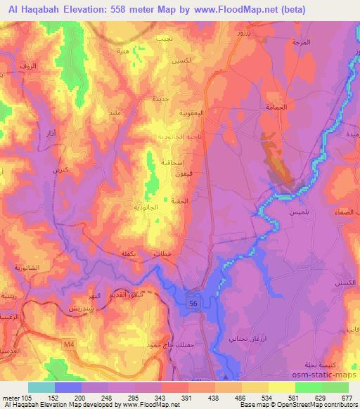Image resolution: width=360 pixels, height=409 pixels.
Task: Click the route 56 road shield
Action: [193, 301]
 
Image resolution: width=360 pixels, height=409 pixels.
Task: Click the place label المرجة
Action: [302, 43]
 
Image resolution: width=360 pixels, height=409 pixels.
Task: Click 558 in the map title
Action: [130, 10]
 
